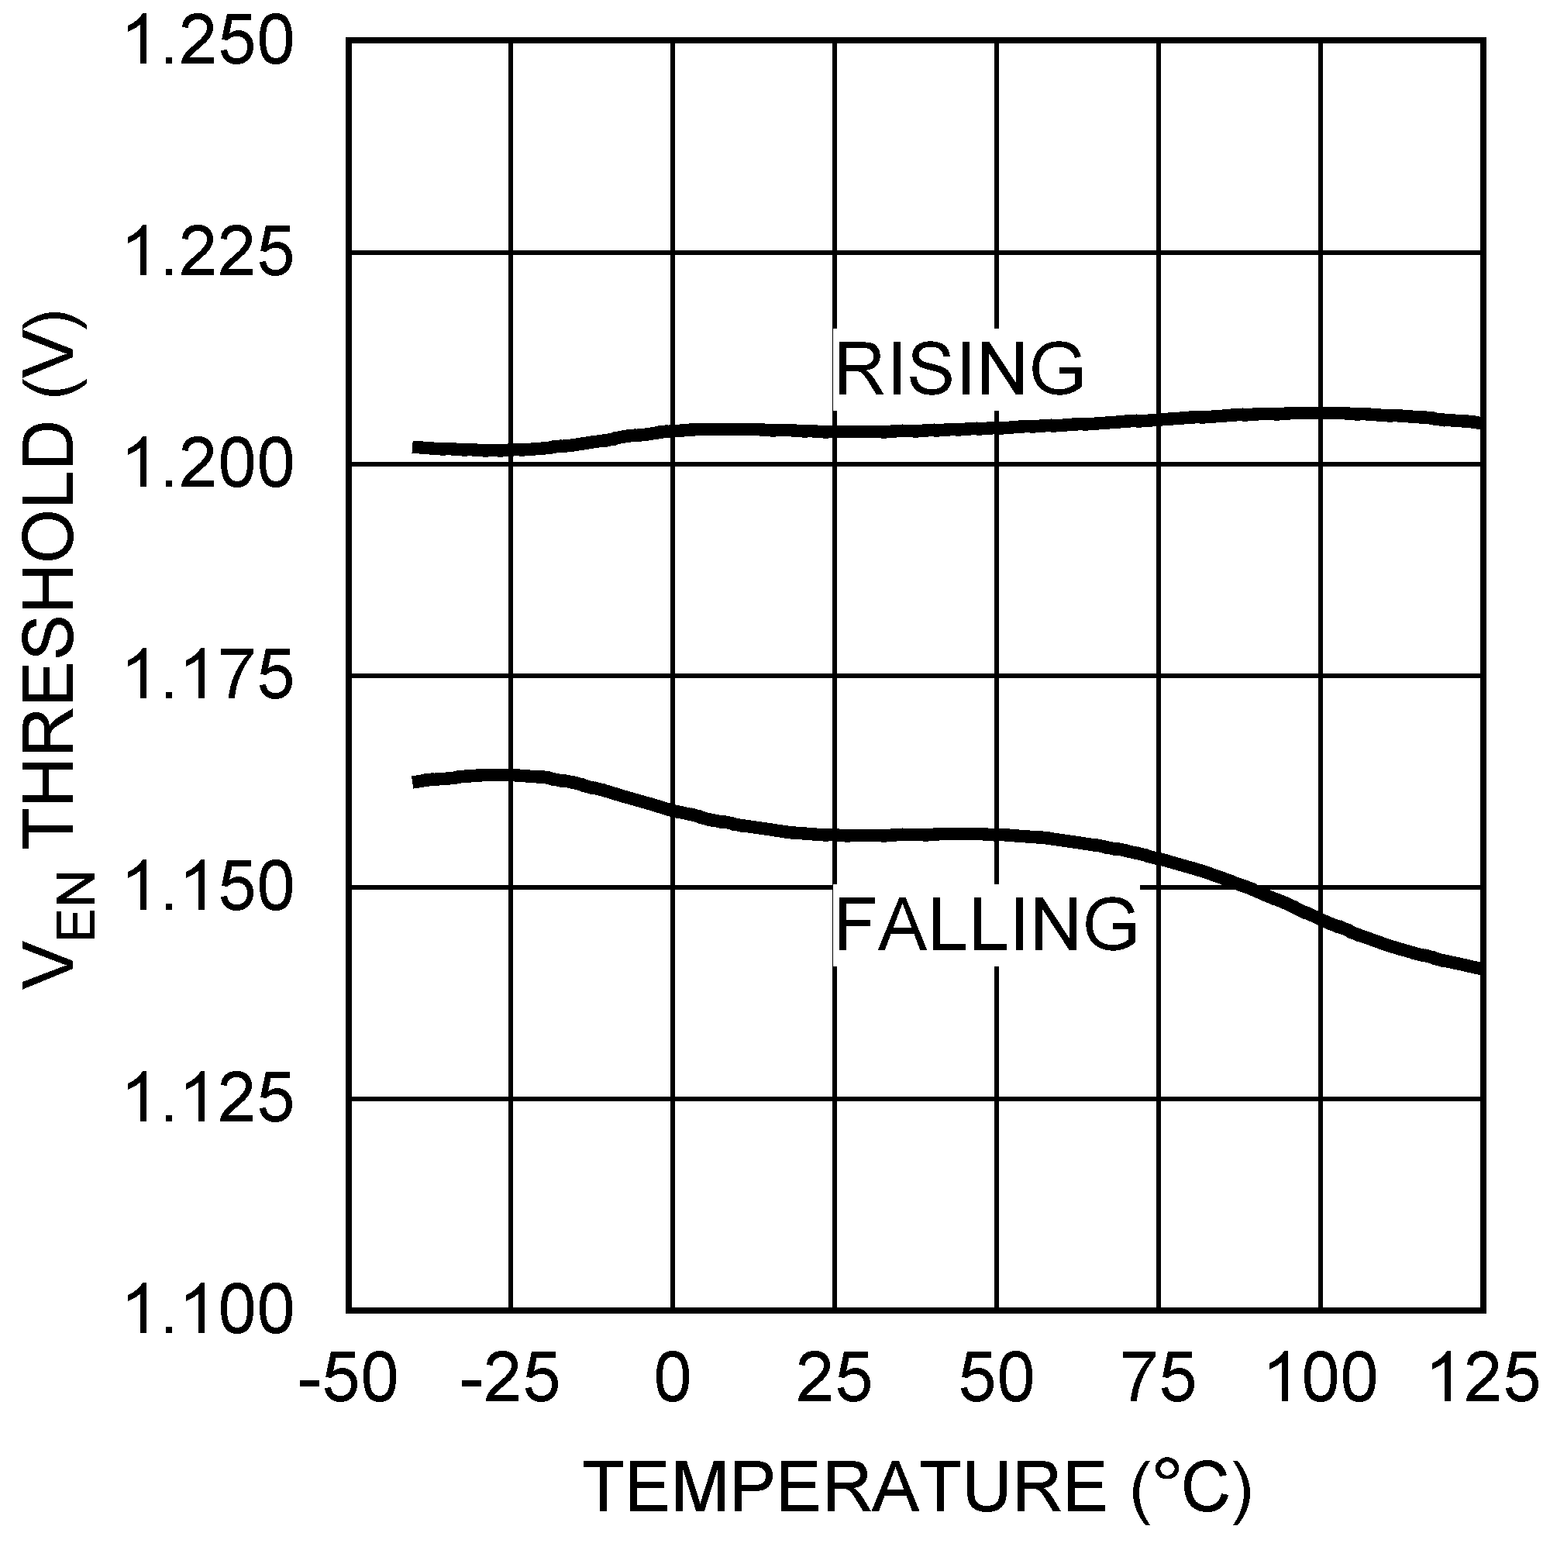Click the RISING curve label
959,369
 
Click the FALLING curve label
986,925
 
